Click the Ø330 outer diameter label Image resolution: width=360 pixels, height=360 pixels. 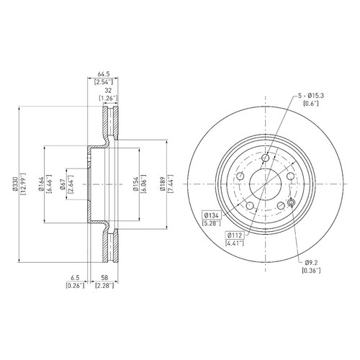point(16,184)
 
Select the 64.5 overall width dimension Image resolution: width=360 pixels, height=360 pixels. point(104,74)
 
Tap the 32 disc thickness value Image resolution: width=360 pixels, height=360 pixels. point(108,91)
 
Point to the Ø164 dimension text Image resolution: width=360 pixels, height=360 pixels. point(41,184)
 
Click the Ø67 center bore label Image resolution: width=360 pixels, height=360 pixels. point(63,184)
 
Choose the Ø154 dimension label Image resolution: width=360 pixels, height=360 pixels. point(136,184)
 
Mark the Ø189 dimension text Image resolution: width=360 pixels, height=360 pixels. point(163,184)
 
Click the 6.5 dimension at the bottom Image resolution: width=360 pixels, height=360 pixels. point(75,278)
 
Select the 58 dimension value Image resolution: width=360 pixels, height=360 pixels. point(104,278)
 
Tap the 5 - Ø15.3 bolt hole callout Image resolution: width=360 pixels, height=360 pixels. point(311,96)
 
